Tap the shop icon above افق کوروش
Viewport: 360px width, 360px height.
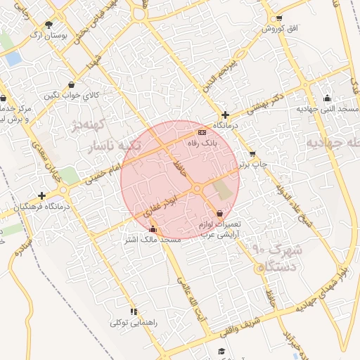click(280, 18)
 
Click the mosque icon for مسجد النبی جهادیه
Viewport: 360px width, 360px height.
click(327, 98)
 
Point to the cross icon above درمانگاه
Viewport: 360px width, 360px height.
click(225, 115)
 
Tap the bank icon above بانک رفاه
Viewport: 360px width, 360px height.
click(202, 132)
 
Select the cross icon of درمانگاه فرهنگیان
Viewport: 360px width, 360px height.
click(42, 195)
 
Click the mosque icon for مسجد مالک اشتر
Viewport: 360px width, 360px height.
click(153, 229)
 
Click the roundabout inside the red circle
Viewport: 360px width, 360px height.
click(198, 188)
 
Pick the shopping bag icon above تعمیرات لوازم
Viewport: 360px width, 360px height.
click(220, 213)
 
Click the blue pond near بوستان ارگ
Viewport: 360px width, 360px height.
click(13, 59)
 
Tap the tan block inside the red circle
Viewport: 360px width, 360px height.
click(223, 188)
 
